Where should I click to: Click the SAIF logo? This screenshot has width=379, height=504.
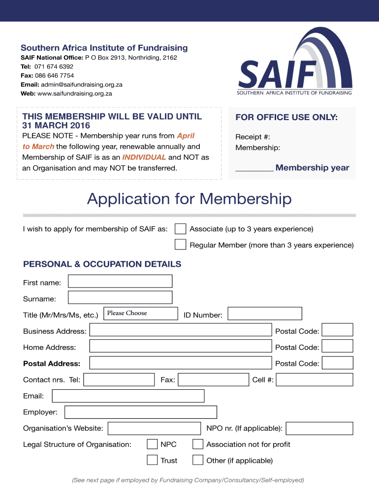tap(295, 62)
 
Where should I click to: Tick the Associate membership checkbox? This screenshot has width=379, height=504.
tap(181, 229)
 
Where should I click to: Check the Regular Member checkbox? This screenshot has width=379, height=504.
tap(181, 245)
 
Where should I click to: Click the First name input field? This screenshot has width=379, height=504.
tap(120, 281)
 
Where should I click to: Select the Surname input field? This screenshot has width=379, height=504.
tap(120, 297)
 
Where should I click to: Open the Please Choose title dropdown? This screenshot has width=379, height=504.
tap(141, 314)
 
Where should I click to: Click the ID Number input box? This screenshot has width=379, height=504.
tap(265, 314)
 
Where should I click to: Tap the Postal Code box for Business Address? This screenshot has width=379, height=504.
tap(337, 330)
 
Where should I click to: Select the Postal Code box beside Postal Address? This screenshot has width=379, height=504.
tap(337, 363)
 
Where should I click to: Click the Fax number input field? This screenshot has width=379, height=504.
tap(213, 379)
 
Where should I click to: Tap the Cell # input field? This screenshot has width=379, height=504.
tap(315, 379)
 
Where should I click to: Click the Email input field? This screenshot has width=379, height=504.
tap(128, 396)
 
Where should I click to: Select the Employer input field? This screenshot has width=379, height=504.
tap(140, 412)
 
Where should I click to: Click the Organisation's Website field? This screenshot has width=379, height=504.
tap(154, 428)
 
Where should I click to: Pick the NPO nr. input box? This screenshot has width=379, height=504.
tap(319, 428)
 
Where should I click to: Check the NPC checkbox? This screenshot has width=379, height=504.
tap(152, 444)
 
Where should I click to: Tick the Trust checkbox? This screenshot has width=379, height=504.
tap(152, 460)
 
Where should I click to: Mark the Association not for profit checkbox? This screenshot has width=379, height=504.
tap(198, 444)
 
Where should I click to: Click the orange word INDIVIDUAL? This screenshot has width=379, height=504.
tap(144, 157)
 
